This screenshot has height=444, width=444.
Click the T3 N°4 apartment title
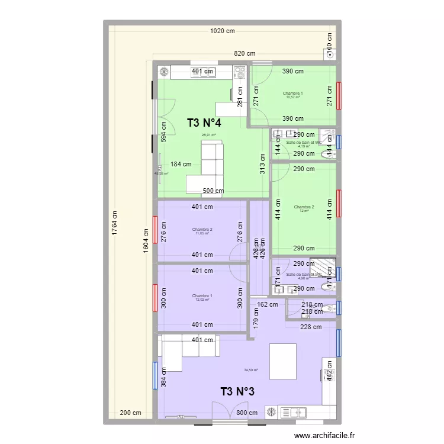pos(204,123)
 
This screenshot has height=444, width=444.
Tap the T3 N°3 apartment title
pos(237,391)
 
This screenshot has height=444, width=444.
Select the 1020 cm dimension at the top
pos(222,31)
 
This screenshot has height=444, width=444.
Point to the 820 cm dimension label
pos(244,53)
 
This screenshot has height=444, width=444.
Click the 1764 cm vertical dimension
pos(115,225)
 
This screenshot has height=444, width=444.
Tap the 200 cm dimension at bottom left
pos(130,413)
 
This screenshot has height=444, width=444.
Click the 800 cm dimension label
pos(247,413)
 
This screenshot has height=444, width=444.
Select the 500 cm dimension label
pos(213,191)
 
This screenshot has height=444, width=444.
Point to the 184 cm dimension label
pos(181,165)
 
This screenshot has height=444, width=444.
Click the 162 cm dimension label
pos(267,305)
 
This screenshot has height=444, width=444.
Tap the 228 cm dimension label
pos(311,326)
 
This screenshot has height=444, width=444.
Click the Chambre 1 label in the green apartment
pos(292,94)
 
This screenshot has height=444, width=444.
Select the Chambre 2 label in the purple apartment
pos(202,230)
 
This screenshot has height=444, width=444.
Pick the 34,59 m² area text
pos(251,371)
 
